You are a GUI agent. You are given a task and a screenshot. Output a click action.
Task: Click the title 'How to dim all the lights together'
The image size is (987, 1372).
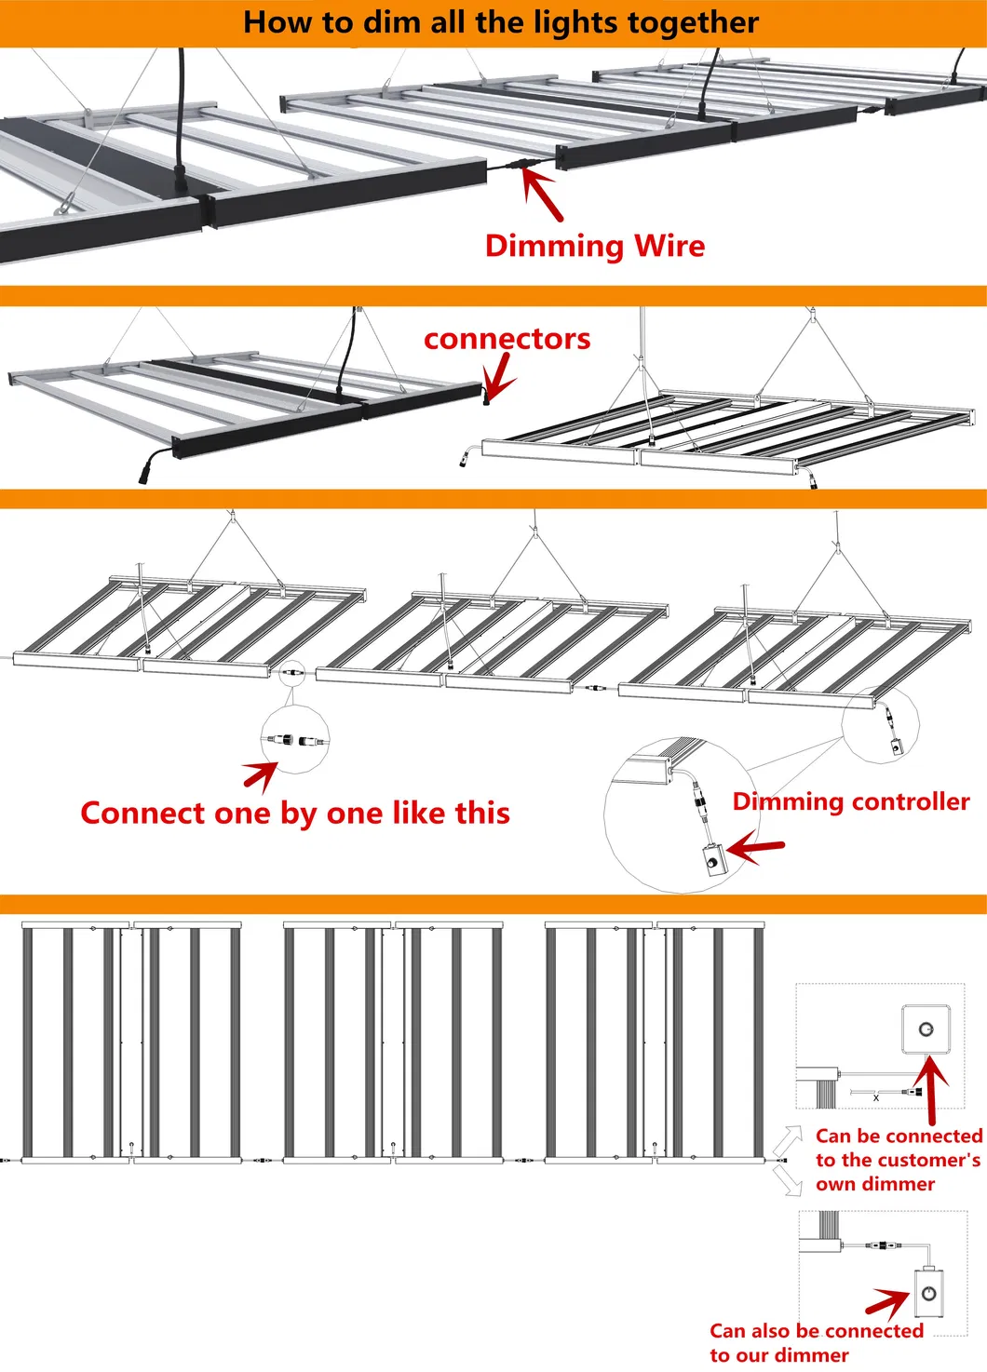[501, 22]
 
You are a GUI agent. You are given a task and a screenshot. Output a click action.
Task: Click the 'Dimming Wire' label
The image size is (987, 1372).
[595, 246]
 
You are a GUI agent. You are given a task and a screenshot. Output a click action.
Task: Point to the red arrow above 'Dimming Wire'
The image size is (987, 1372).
[543, 194]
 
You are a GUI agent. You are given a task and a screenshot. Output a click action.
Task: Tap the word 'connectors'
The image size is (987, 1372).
[507, 339]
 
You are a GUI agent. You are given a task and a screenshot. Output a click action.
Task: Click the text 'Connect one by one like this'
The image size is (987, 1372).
[295, 813]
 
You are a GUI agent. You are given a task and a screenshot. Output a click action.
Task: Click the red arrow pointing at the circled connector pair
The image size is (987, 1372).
[261, 773]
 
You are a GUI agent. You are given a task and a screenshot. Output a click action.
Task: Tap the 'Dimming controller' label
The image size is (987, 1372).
[850, 801]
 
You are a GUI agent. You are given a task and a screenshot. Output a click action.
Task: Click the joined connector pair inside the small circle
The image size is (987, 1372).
[295, 740]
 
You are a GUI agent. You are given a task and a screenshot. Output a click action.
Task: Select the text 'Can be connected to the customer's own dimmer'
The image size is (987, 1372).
[898, 1160]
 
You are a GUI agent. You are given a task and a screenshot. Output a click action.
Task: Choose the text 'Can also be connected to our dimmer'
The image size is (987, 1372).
[816, 1342]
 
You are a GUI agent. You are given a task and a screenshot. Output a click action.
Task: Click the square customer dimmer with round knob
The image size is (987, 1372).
[926, 1029]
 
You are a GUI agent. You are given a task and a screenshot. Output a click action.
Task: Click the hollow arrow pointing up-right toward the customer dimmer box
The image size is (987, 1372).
[789, 1139]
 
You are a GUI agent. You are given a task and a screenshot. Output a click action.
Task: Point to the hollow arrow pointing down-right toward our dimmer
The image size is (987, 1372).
[789, 1181]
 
